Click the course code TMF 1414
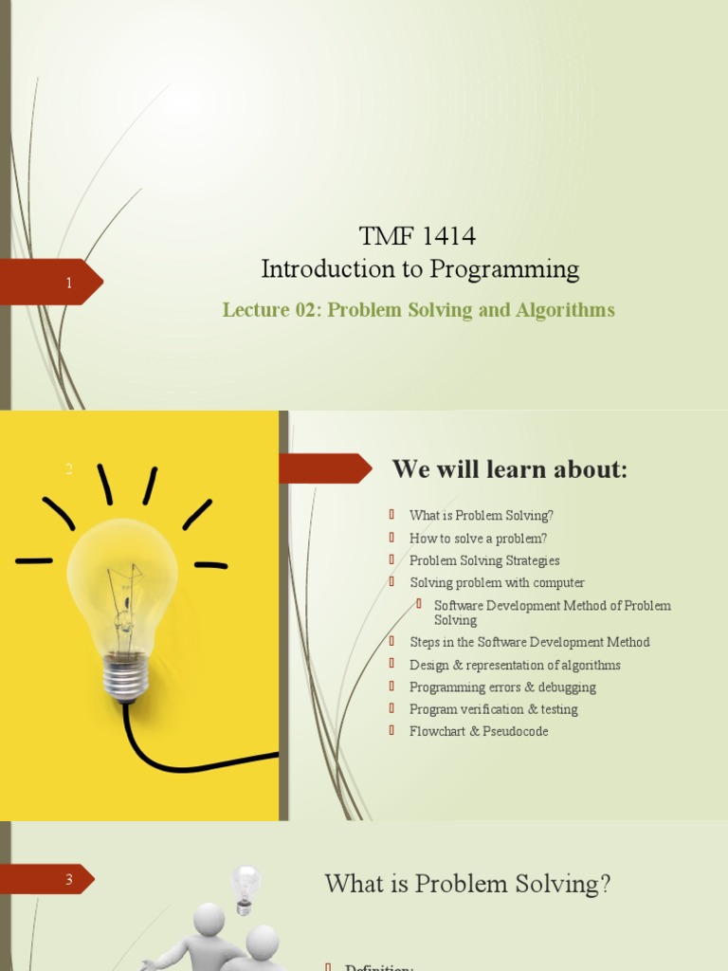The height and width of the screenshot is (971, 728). (417, 236)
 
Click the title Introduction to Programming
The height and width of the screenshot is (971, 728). (420, 269)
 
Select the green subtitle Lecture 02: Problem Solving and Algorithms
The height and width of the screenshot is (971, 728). (418, 310)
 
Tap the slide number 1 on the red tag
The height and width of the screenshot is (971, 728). (69, 283)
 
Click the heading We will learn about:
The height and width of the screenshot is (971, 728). (510, 469)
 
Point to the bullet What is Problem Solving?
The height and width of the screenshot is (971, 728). (481, 516)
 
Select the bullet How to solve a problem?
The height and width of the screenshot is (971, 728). (478, 538)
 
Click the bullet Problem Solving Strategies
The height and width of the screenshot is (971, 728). (484, 560)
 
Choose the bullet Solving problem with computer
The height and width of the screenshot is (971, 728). (497, 582)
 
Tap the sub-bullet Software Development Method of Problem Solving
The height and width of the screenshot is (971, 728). (552, 613)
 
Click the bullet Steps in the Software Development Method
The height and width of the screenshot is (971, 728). (529, 642)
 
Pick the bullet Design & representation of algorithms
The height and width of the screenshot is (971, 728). (515, 665)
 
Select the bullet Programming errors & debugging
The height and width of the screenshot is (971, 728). (502, 687)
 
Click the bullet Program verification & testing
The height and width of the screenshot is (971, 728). (493, 709)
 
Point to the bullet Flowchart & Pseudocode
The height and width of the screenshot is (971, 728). (479, 731)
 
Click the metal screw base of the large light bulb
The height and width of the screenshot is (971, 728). (126, 676)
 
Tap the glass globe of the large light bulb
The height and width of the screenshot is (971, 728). (123, 578)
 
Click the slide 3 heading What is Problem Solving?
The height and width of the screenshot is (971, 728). (467, 884)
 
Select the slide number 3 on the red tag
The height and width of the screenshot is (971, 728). (69, 880)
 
